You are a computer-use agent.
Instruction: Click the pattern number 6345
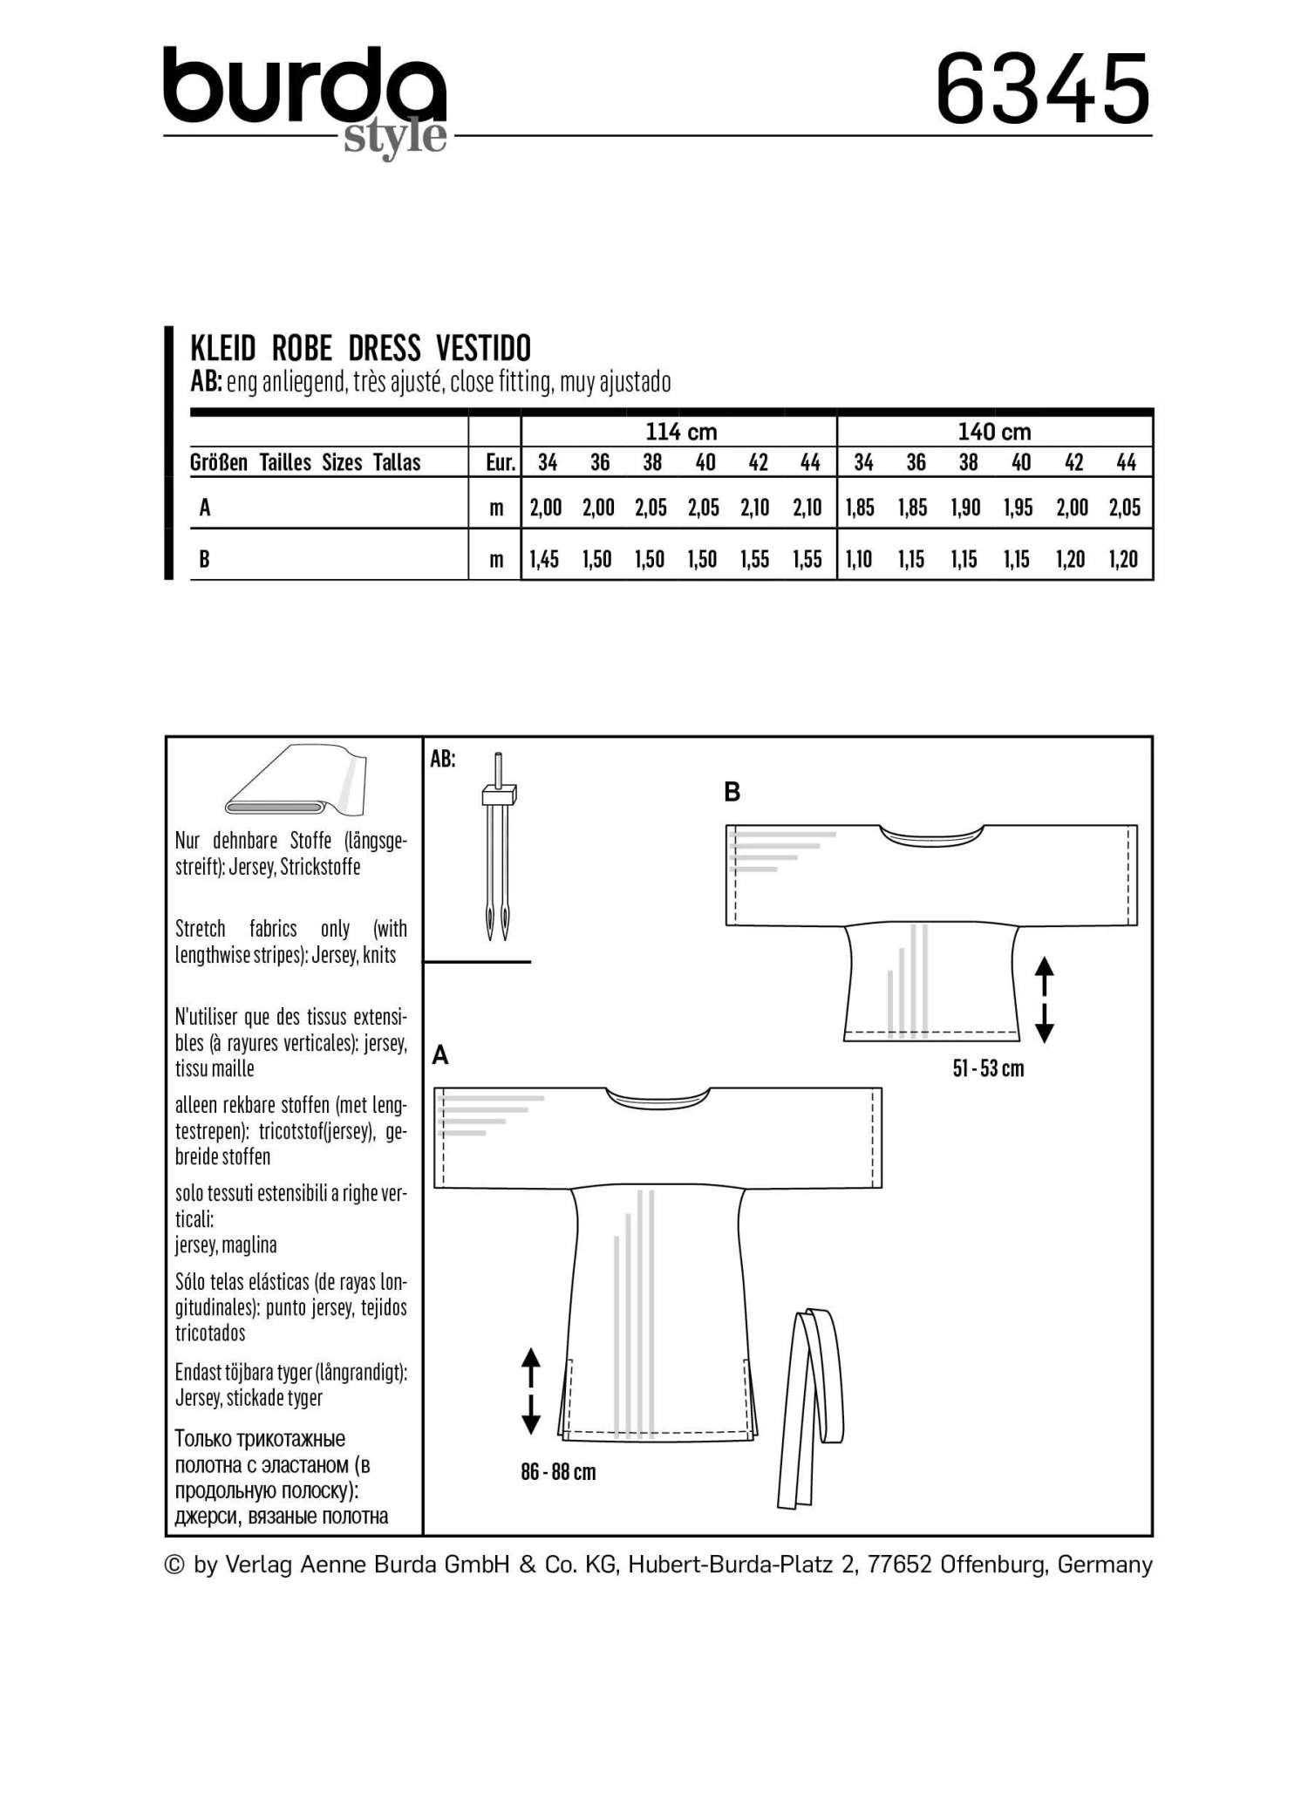[1042, 89]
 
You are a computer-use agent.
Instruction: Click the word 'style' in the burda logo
[394, 137]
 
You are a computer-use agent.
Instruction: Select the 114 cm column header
[680, 432]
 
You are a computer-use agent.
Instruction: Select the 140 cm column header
[994, 432]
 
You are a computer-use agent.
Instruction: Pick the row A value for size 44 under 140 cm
[1125, 508]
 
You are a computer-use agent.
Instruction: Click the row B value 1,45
[545, 559]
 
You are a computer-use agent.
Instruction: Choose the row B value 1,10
[860, 559]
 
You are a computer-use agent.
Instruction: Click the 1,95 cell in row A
[1018, 508]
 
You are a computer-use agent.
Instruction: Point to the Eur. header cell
[500, 463]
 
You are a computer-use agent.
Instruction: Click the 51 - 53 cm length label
[988, 1068]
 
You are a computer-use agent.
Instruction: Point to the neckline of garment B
[932, 835]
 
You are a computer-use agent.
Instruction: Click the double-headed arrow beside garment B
[1044, 999]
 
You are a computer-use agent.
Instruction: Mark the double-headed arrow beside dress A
[531, 1391]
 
